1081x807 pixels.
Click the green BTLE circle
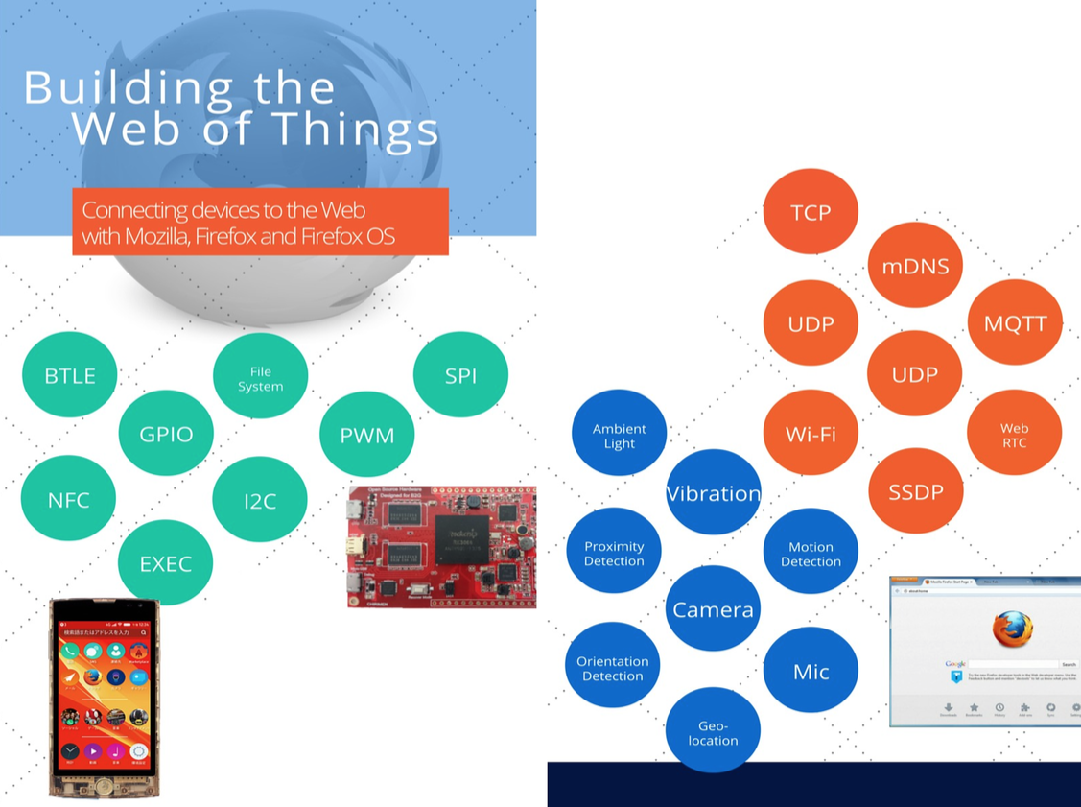70,375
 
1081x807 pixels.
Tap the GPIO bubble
166,434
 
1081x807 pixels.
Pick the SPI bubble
460,375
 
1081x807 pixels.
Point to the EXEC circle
165,563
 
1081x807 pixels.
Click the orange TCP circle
811,212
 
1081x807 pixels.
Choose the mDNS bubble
915,266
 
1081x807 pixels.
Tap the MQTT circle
1015,322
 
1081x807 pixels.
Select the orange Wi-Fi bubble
811,434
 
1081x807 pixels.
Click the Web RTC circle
1014,434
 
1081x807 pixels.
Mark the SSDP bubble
915,491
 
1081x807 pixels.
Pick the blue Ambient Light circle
619,436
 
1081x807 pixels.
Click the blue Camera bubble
713,609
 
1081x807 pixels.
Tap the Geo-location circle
713,732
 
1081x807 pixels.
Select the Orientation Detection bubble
613,668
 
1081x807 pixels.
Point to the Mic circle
811,671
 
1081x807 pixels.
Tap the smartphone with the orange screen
105,698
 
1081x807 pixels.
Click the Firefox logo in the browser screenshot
1013,629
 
